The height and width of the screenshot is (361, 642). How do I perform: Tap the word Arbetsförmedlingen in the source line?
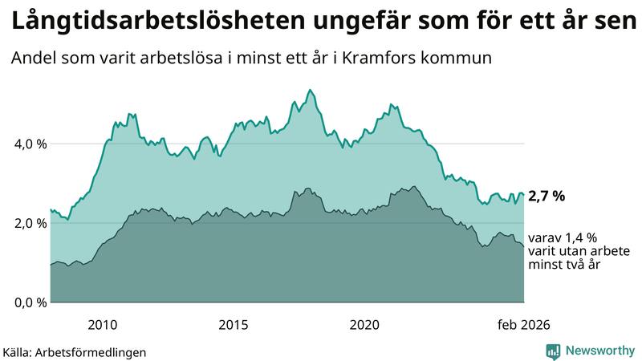click(x=95, y=351)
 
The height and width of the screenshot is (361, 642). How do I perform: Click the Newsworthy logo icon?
click(x=553, y=351)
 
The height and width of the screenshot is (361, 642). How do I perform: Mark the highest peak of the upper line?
click(x=310, y=90)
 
